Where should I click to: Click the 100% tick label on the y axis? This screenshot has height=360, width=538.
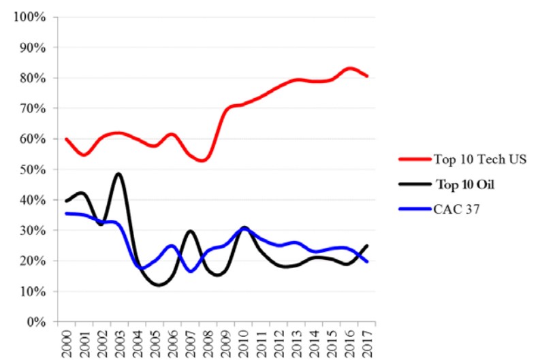29,17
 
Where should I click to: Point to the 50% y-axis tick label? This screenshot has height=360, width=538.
32,169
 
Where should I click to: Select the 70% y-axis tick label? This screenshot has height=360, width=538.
32,108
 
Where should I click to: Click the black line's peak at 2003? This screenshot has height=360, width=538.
119,174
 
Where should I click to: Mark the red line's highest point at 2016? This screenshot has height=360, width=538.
350,68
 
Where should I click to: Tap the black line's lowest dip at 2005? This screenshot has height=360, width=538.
159,285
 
